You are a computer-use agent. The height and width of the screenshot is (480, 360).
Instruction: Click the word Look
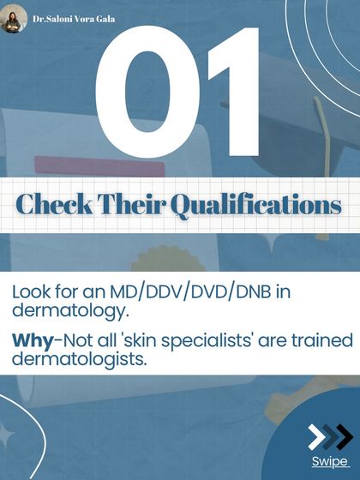[32, 291]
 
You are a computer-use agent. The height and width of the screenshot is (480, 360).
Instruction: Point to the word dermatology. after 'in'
[63, 312]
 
